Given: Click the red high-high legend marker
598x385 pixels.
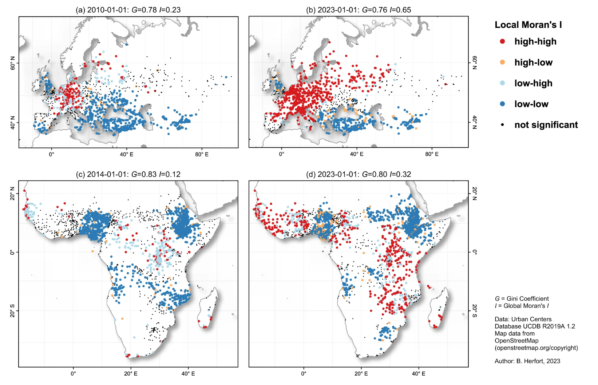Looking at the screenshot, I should tap(503, 41).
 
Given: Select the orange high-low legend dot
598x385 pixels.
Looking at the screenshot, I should tap(503, 62).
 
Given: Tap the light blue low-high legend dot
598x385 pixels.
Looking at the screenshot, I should tap(503, 83).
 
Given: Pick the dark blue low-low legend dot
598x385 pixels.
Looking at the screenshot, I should tap(503, 104).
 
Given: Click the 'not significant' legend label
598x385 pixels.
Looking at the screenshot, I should tap(546, 125).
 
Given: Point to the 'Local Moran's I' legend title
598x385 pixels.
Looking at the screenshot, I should tap(528, 25).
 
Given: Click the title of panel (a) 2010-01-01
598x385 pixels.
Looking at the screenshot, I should tap(128, 10).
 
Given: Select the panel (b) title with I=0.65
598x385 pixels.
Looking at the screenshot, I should tap(359, 10).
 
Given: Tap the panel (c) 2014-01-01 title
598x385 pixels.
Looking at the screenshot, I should tap(128, 174).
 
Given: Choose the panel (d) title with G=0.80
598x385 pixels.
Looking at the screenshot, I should tap(359, 174).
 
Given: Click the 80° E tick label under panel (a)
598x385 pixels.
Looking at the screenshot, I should tap(202, 154).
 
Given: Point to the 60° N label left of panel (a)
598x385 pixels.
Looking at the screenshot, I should tap(13, 63).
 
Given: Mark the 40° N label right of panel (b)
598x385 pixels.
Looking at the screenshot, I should tap(475, 122).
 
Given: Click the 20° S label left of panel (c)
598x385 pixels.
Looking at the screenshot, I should tap(13, 311).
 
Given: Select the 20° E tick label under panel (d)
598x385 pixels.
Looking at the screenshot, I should tap(361, 374).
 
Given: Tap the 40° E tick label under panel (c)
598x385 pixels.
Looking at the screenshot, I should tap(188, 374).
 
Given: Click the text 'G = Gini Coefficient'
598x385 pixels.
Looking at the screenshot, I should tap(522, 299).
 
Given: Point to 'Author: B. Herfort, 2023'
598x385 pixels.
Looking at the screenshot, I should tap(527, 361).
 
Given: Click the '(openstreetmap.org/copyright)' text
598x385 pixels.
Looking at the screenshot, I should tap(536, 348).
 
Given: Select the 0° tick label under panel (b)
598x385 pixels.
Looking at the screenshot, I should tap(281, 154).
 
